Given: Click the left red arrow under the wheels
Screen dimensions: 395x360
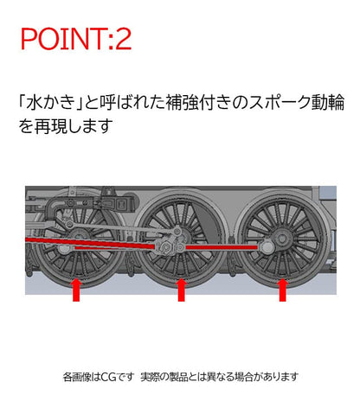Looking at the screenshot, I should point(76,290).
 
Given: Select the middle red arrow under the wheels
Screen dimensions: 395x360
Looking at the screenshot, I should point(181,290).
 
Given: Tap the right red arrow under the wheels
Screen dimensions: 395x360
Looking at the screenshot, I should point(281,290).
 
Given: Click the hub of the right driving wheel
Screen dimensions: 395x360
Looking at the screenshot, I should point(281,239).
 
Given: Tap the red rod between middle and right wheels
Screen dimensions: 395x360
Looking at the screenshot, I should point(221,249).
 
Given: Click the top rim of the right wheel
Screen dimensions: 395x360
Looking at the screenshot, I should point(281,194).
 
